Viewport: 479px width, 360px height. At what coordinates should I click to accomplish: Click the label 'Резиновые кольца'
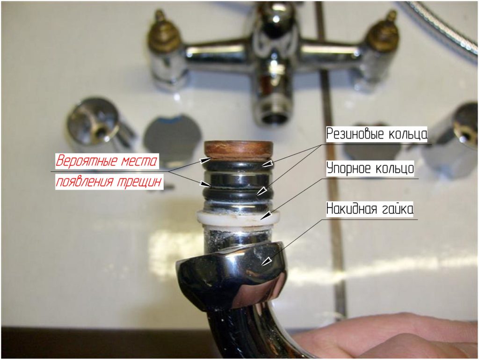point(377,134)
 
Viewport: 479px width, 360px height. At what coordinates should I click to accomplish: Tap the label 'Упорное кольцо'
point(370,168)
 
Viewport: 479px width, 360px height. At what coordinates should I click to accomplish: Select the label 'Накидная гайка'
point(370,209)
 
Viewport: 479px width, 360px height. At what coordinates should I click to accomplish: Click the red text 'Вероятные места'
point(107,161)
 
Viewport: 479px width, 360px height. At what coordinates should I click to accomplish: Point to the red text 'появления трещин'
point(109,182)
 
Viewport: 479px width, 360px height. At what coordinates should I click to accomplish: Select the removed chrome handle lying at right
point(452,138)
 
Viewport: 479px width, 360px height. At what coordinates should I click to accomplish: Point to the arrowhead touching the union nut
point(266,261)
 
